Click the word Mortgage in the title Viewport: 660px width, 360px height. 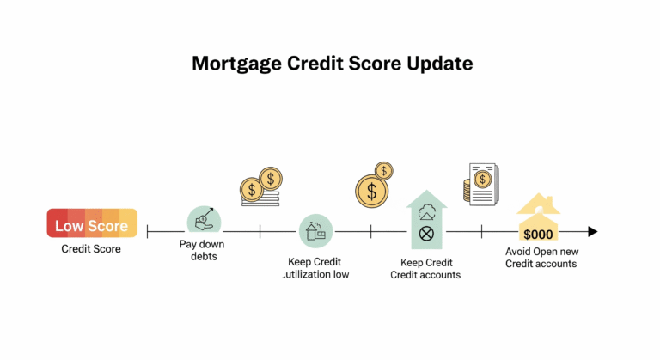point(236,64)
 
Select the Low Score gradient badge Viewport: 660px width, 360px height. point(92,223)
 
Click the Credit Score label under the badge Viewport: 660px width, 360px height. point(91,249)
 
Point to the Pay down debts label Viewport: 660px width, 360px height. point(203,250)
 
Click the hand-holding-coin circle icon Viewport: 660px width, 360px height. point(204,219)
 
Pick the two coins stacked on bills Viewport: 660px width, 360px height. point(261,186)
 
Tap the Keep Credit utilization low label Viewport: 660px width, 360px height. point(315,268)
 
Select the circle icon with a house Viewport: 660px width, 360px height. point(315,231)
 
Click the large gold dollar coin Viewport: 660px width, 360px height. point(371,191)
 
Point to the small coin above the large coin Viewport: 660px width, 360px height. point(383,171)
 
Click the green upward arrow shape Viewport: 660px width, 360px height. point(426,219)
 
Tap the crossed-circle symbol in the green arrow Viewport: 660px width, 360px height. point(426,233)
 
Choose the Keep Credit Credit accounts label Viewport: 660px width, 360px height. point(425,269)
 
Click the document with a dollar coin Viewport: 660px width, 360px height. point(481,185)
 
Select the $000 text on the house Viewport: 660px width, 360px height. point(538,234)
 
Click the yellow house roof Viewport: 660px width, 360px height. point(538,204)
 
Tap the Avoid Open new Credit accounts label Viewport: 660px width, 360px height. point(541,258)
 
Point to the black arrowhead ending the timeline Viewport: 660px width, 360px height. point(593,231)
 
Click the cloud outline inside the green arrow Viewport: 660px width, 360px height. point(427,211)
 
